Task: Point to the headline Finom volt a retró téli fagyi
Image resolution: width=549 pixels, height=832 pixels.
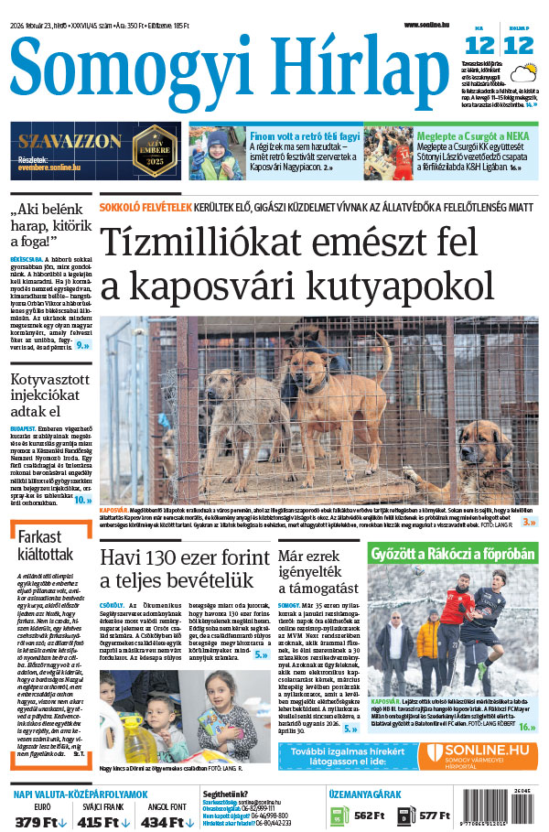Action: click(x=305, y=135)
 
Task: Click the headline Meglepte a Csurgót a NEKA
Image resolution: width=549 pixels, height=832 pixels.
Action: click(x=469, y=135)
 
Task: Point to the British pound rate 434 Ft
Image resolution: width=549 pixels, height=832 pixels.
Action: click(x=164, y=822)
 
